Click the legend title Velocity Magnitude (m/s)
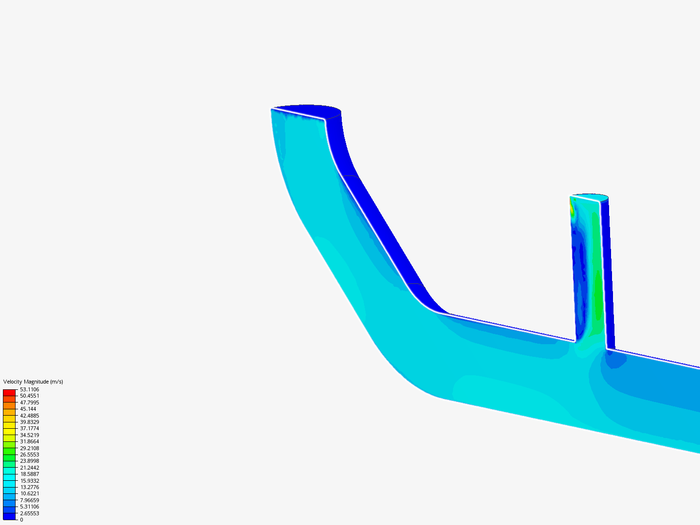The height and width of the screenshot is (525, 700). (x=33, y=382)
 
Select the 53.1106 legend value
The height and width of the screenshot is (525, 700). (x=29, y=389)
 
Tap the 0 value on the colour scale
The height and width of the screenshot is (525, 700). (x=21, y=520)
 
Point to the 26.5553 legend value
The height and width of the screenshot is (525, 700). (x=29, y=455)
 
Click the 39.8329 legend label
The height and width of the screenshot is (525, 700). (x=29, y=422)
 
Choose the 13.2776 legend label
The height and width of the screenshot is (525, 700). (x=29, y=487)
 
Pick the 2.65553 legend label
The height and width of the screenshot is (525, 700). (x=29, y=513)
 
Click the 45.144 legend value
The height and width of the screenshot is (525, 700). (x=28, y=409)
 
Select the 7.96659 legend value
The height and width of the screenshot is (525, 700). (x=29, y=500)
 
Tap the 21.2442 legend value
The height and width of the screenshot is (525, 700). (x=29, y=468)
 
